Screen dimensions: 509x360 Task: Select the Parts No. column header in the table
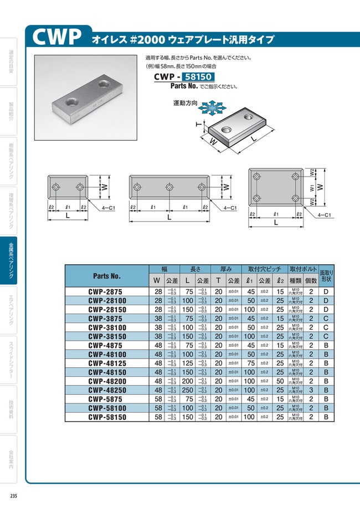pos(107,275)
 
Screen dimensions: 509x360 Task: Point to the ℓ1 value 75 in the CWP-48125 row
pos(250,363)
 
